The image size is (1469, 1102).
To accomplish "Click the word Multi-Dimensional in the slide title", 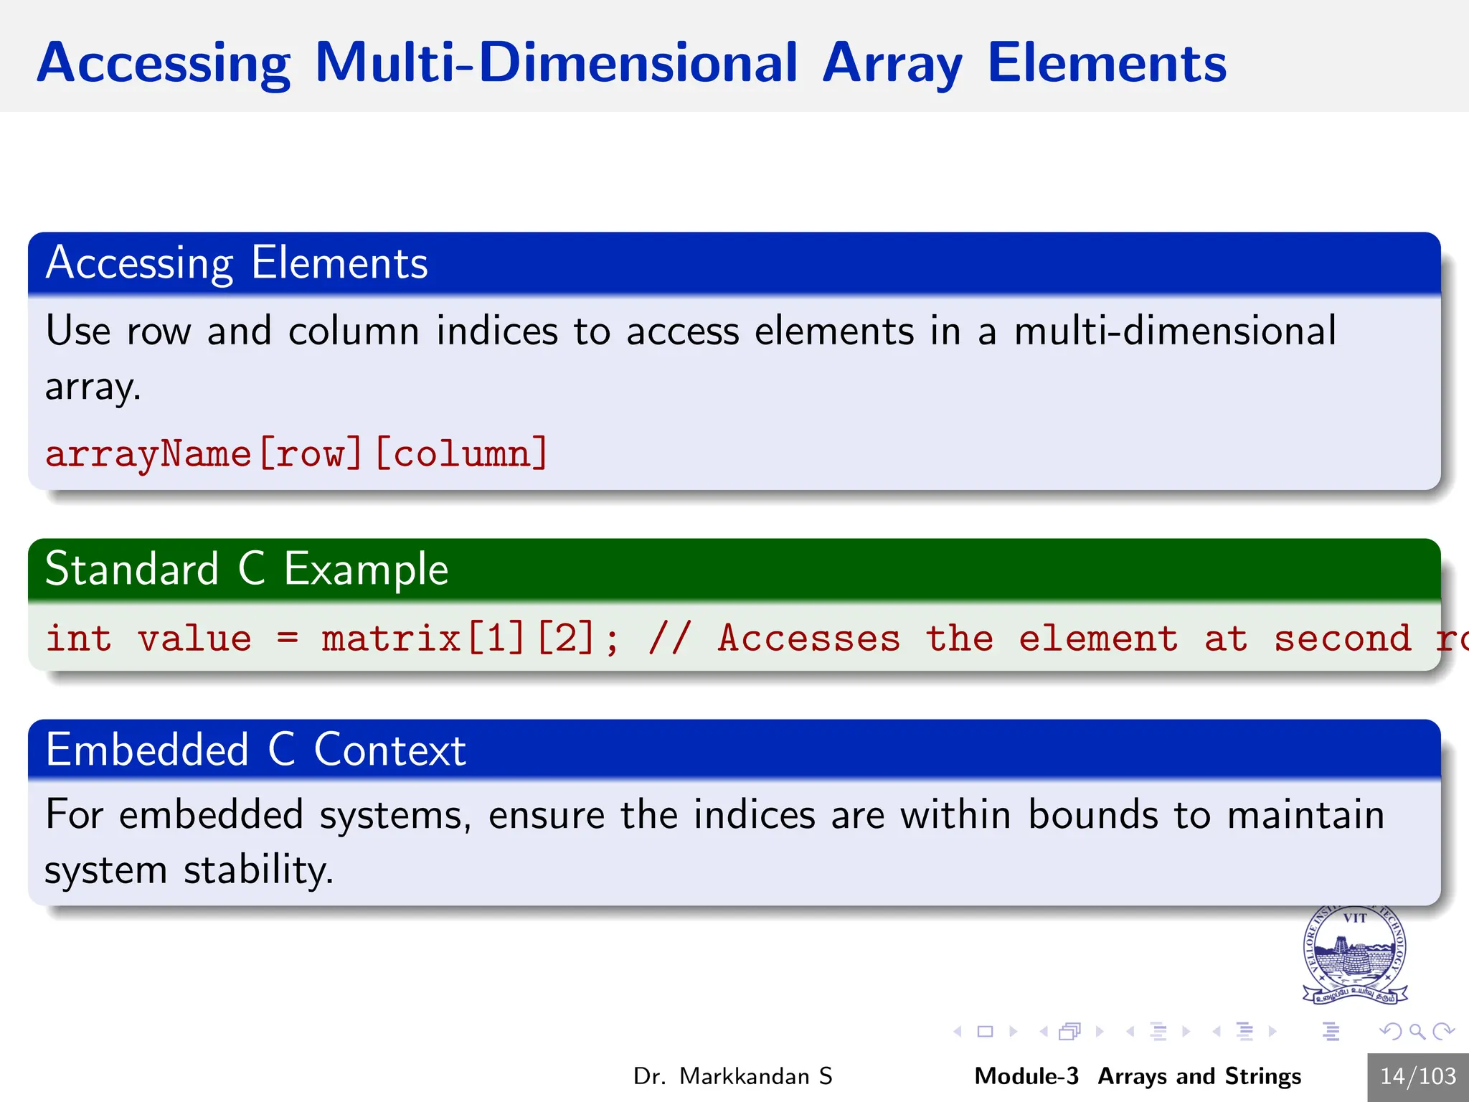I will [x=555, y=63].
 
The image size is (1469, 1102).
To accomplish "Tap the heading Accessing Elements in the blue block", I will [x=237, y=263].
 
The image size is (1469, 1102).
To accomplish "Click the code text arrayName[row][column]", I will [x=296, y=454].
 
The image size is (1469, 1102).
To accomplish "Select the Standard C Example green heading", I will [x=247, y=569].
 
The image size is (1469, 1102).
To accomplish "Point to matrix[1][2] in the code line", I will [x=459, y=639].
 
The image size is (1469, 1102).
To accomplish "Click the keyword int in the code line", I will [x=78, y=639].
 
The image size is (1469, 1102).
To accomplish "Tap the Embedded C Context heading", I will [x=255, y=750].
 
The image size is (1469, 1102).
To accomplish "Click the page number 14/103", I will [x=1417, y=1076].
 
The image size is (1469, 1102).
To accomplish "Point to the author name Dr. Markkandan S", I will [x=732, y=1076].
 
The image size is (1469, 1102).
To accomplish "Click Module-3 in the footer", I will [x=1026, y=1076].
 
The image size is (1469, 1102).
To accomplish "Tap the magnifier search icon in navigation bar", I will [x=1417, y=1032].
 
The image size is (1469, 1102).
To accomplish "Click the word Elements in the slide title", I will [x=1106, y=63].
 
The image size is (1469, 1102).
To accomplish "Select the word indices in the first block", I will [x=496, y=331].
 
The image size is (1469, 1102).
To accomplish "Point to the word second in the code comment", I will [x=1342, y=639].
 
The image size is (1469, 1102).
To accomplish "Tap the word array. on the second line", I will [x=93, y=387].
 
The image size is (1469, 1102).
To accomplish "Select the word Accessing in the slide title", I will [x=164, y=63].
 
